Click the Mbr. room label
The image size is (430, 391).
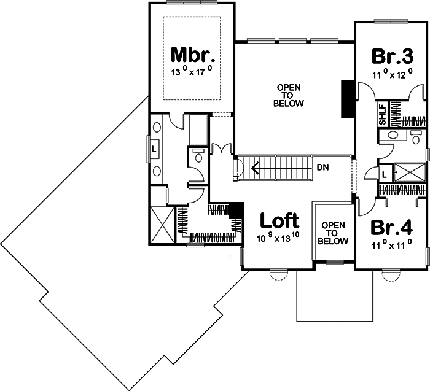click(x=192, y=55)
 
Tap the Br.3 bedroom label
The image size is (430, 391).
click(x=393, y=56)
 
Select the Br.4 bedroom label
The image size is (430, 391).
click(x=391, y=228)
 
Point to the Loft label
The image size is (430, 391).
click(x=279, y=220)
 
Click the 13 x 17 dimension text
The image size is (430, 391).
click(x=192, y=71)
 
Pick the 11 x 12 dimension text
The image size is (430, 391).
click(x=393, y=74)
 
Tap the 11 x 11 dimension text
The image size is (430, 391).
click(x=392, y=244)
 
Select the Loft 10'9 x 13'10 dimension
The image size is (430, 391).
click(x=278, y=238)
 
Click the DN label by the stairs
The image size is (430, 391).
click(x=322, y=168)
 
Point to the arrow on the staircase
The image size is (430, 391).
click(x=282, y=168)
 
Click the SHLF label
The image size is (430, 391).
click(x=383, y=114)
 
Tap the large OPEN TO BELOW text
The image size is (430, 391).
click(x=289, y=96)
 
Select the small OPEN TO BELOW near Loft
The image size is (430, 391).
click(x=333, y=233)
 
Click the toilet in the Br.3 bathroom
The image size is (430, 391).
click(x=416, y=137)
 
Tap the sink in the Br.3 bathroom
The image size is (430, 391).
click(x=393, y=135)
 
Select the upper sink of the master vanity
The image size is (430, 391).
click(x=157, y=128)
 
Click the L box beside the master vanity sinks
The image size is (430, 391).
click(x=154, y=150)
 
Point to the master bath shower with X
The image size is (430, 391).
click(x=163, y=225)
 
